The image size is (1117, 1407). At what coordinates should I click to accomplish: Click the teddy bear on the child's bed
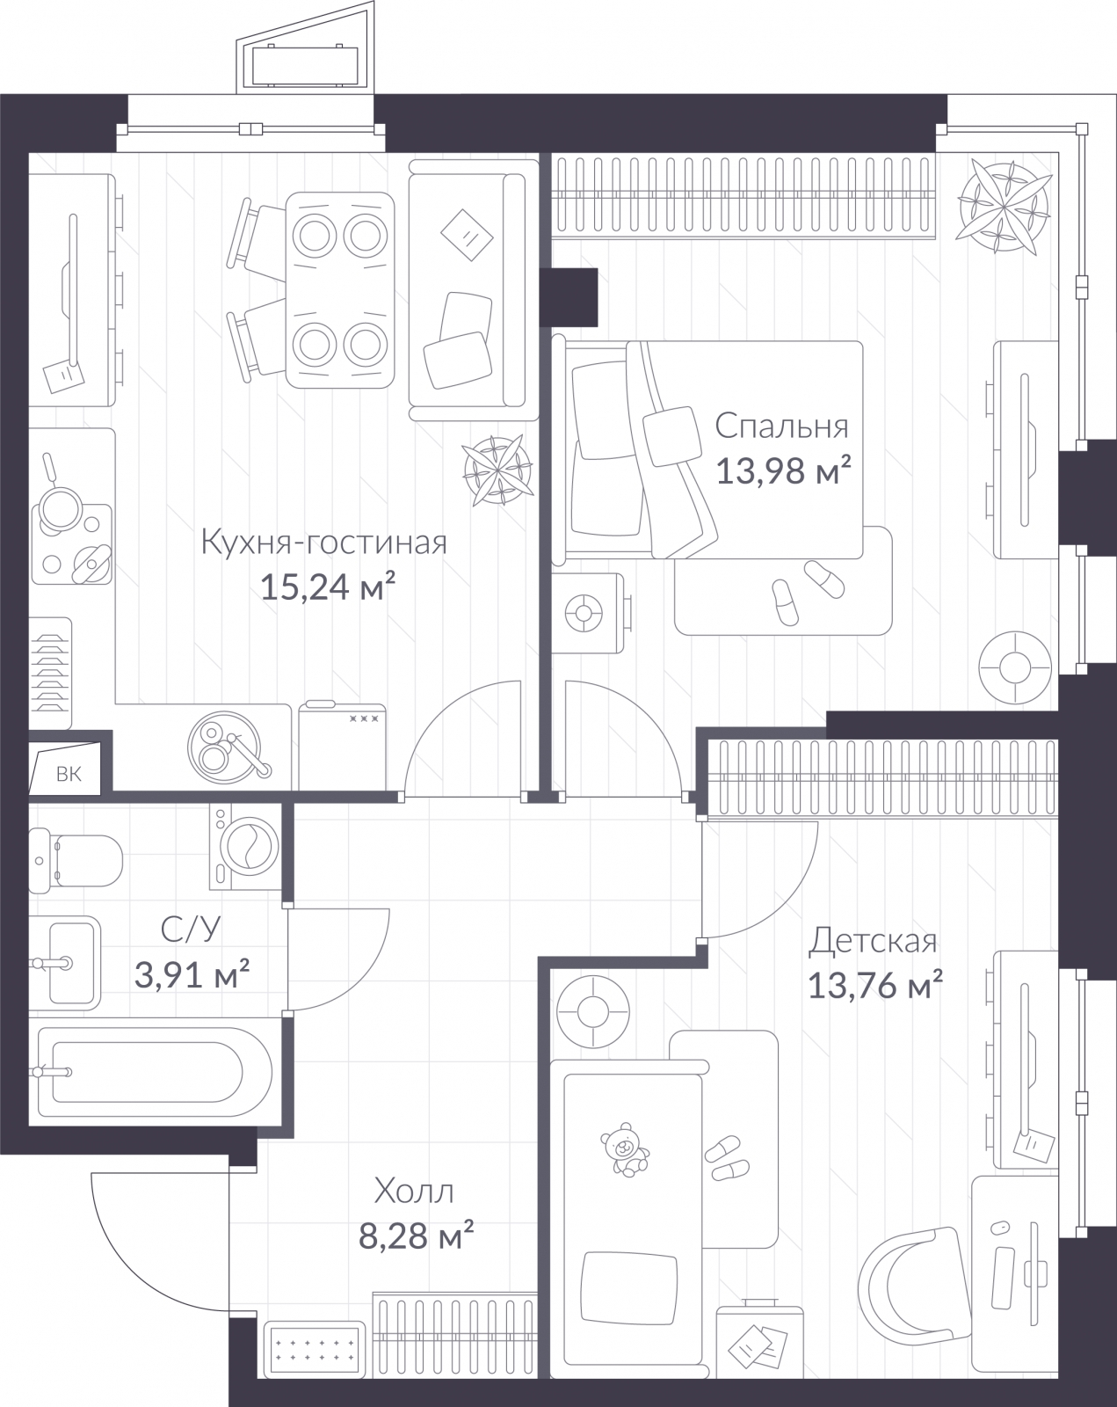(x=625, y=1149)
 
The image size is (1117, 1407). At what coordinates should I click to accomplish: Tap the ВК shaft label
(x=69, y=774)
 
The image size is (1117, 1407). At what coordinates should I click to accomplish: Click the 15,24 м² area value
(x=325, y=587)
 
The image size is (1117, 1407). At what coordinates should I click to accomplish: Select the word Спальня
(x=781, y=426)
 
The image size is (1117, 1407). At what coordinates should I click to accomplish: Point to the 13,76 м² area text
(x=875, y=986)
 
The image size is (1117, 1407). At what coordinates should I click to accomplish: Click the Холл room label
(x=414, y=1192)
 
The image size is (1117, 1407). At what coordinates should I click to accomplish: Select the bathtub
(x=149, y=1072)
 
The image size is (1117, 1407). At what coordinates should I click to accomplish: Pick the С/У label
(x=191, y=928)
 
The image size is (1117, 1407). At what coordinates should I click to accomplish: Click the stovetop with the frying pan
(x=72, y=541)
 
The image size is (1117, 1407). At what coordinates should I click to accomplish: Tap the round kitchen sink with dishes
(x=224, y=746)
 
